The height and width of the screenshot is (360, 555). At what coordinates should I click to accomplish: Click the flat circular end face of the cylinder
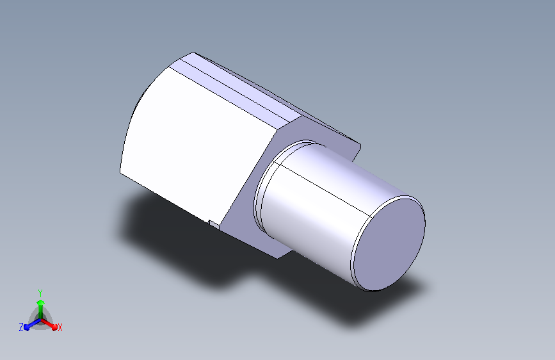tap(389, 244)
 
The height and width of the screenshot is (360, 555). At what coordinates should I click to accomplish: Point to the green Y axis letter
tap(40, 293)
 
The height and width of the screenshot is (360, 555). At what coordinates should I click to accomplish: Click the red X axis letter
tap(60, 328)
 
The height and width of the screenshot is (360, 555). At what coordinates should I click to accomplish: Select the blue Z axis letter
tap(21, 327)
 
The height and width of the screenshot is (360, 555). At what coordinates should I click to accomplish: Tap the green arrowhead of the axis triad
tap(41, 303)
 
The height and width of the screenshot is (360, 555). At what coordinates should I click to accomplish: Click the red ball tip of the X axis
tap(54, 327)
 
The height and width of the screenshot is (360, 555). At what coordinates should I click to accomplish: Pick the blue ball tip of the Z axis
tap(27, 328)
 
